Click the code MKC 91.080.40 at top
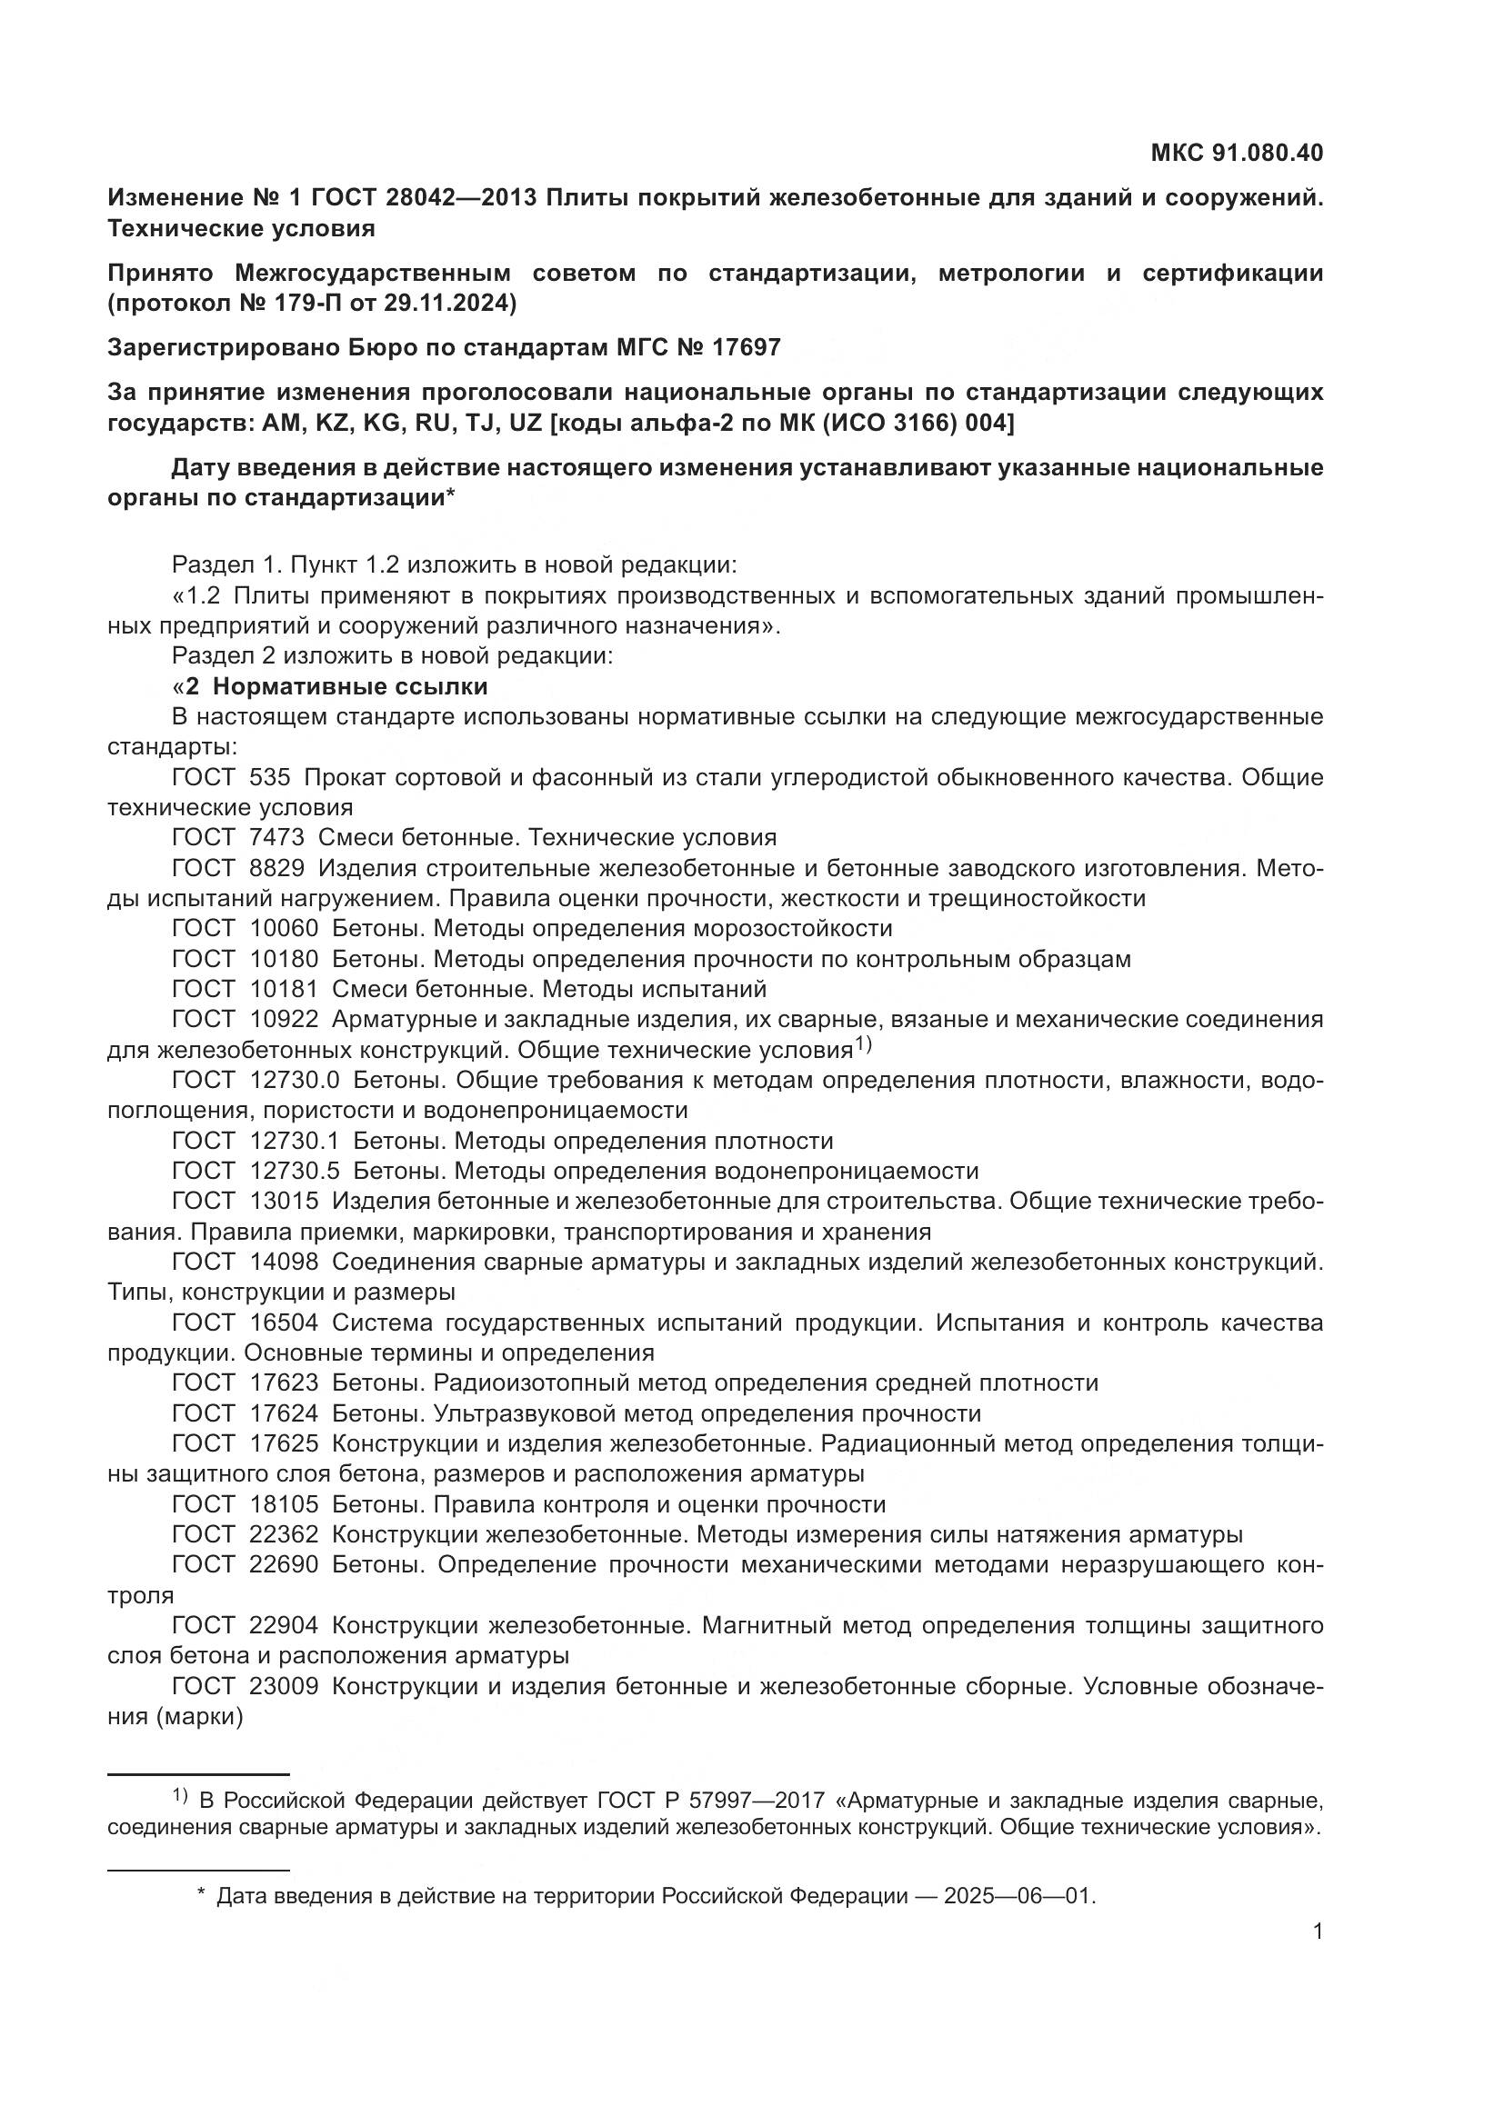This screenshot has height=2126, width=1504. [x=1237, y=153]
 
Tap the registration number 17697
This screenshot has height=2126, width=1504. [x=746, y=347]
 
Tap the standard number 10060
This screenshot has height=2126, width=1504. [x=284, y=928]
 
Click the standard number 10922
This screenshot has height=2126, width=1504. [x=284, y=1019]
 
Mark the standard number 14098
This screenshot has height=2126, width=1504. [x=284, y=1262]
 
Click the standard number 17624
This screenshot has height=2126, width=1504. [x=284, y=1413]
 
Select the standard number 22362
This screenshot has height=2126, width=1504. [x=284, y=1534]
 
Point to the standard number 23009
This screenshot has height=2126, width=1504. [x=284, y=1686]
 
